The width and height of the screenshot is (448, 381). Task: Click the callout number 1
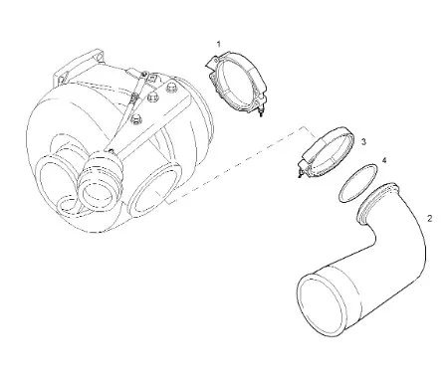[x=218, y=44]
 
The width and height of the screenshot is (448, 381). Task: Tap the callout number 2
[x=430, y=219]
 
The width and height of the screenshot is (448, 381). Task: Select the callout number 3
[x=363, y=142]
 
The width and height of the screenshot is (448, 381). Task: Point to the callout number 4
[x=384, y=160]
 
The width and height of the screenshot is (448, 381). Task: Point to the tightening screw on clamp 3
[x=302, y=171]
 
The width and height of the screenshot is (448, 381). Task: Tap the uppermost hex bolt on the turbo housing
[x=171, y=88]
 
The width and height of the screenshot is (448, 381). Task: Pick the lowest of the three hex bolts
[x=136, y=119]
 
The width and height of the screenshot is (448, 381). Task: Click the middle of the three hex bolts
[x=153, y=97]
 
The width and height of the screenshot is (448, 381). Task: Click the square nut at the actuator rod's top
[x=152, y=78]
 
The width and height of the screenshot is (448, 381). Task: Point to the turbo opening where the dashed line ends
[x=154, y=190]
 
